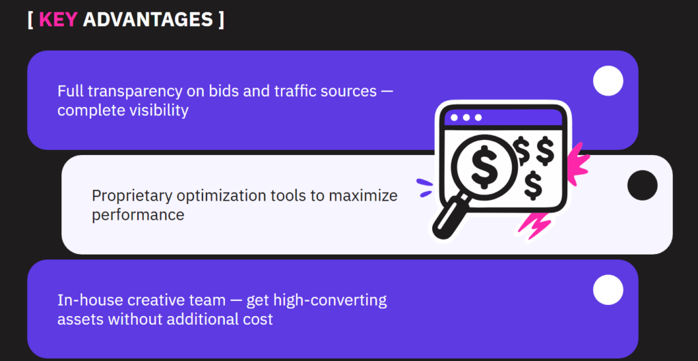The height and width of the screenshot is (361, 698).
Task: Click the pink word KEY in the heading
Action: click(x=59, y=19)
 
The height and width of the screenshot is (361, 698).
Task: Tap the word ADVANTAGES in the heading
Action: click(x=148, y=19)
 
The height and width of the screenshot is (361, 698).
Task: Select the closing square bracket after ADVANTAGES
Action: click(x=222, y=20)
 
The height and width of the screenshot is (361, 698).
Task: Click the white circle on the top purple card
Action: click(x=608, y=81)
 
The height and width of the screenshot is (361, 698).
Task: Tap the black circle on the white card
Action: click(x=642, y=185)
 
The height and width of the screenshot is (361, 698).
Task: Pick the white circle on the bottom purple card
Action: click(x=608, y=290)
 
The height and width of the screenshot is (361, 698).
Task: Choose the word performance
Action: click(x=138, y=215)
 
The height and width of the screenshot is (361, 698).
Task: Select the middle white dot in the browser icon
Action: click(x=466, y=117)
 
